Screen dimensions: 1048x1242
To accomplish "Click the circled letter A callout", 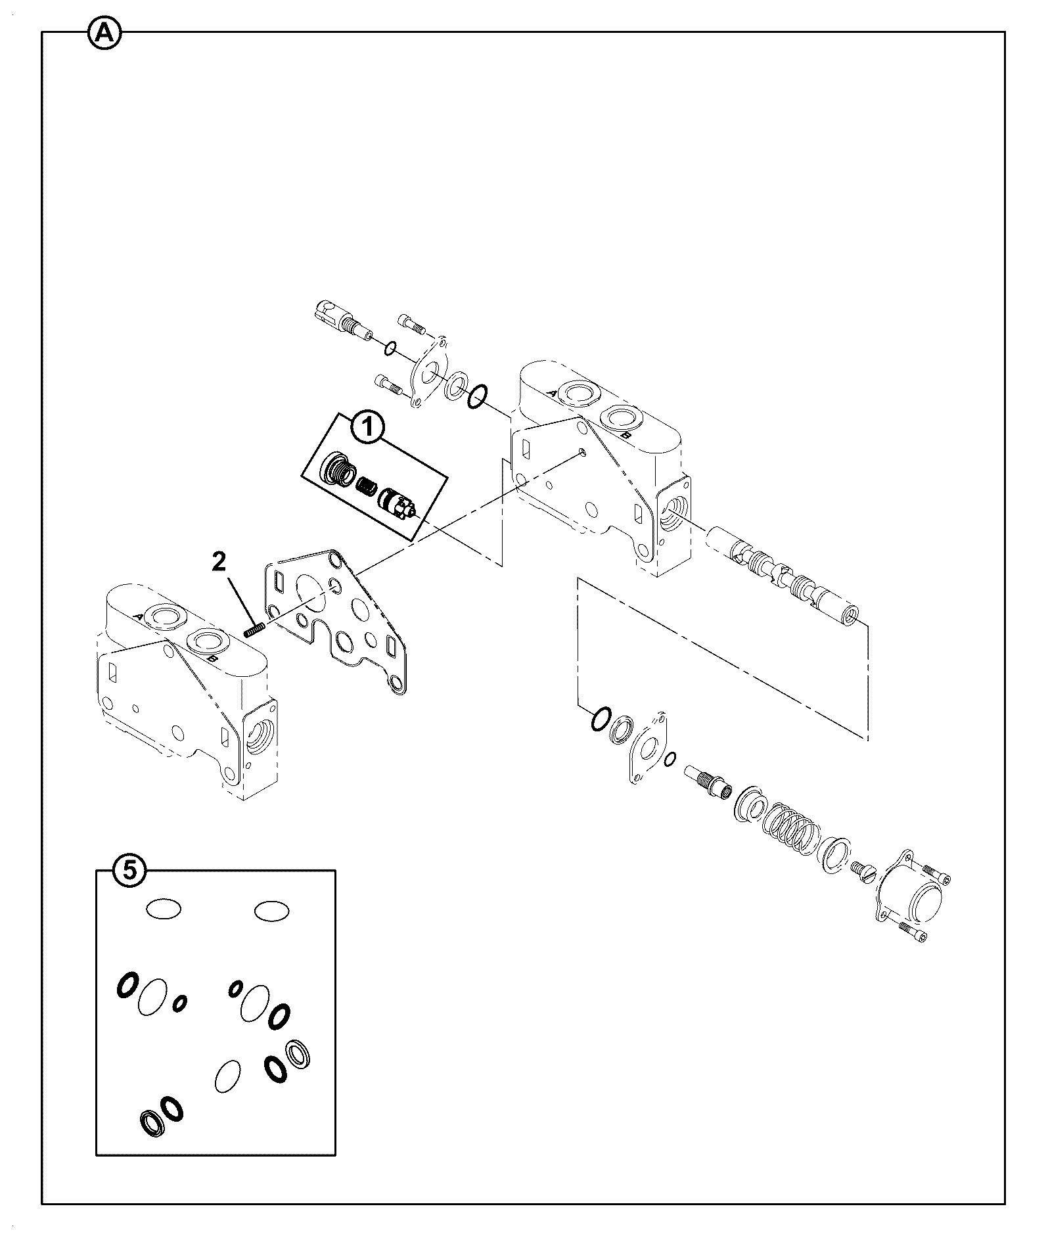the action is coord(104,34).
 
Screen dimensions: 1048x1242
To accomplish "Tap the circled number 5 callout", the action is coord(130,870).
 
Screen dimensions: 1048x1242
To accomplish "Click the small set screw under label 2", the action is coord(254,630).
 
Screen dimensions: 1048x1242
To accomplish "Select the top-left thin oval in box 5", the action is coord(163,909).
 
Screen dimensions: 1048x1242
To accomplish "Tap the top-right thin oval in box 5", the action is coord(271,911).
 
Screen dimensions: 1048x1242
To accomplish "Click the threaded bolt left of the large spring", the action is coord(708,781).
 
